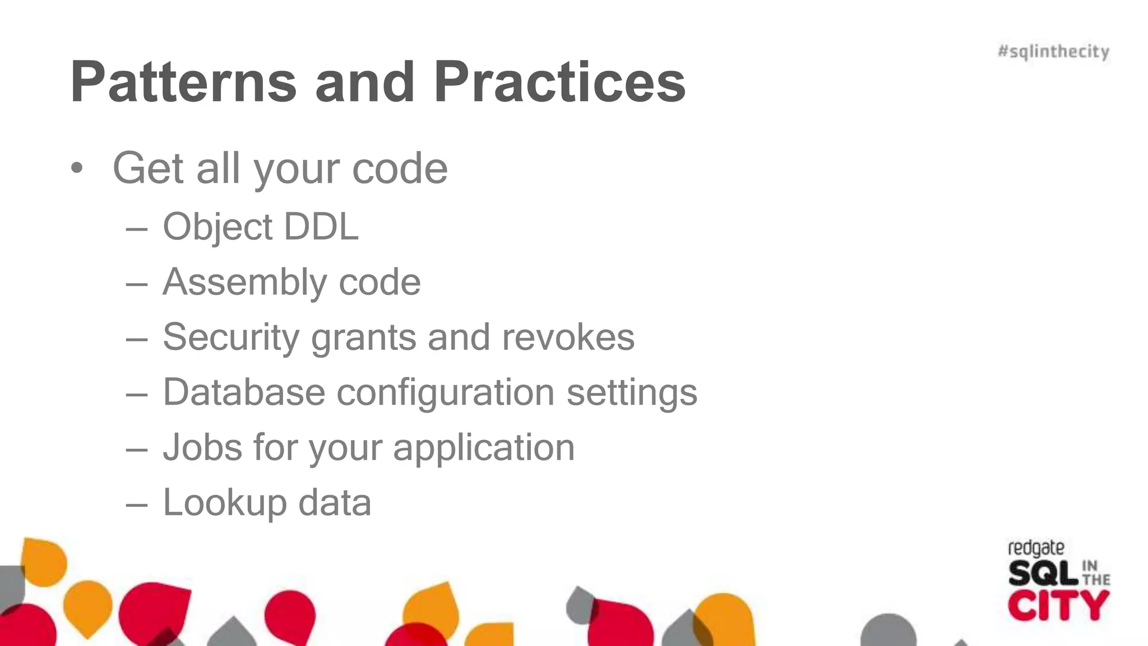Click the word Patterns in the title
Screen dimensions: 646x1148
[183, 82]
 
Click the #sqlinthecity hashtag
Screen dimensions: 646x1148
[1053, 52]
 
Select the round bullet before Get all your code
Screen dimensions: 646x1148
[77, 168]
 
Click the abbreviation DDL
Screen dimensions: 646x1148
[321, 227]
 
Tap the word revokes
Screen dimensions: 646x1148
[568, 337]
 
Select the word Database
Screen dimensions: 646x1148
[244, 392]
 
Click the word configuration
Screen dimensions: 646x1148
[446, 392]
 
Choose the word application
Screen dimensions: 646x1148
[484, 447]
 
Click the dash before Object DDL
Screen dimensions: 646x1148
[137, 229]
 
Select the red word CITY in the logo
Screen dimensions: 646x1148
[1058, 606]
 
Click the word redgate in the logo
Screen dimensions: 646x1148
[1036, 548]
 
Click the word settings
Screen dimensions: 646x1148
[632, 392]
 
